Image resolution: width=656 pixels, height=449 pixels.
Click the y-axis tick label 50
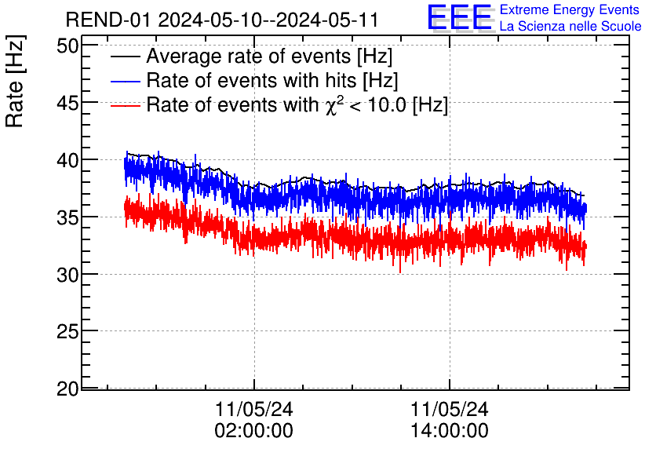coord(67,46)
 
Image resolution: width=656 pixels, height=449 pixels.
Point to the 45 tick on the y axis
coord(67,103)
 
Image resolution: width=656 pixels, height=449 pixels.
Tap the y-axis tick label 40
coord(67,160)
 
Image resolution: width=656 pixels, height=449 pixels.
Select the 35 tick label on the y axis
coord(67,217)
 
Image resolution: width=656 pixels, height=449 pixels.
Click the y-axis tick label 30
coord(67,275)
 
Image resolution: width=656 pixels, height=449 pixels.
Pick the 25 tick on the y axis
coord(67,332)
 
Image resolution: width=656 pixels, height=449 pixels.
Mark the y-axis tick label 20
coord(67,389)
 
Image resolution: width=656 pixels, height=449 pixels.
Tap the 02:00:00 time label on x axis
coord(253,431)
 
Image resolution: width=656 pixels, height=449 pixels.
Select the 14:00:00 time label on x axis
coord(450,431)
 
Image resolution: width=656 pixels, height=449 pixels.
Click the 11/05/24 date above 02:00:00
coord(253,410)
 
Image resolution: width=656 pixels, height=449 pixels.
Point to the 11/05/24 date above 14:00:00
coord(450,410)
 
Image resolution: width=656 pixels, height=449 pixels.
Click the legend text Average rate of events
coord(269,57)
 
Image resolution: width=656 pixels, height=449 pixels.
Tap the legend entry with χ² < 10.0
coord(297,105)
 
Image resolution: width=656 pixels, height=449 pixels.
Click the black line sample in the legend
coord(126,57)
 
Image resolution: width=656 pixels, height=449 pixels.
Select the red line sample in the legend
coord(126,105)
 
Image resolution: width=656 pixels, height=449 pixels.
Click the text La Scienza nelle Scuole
coord(570,26)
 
